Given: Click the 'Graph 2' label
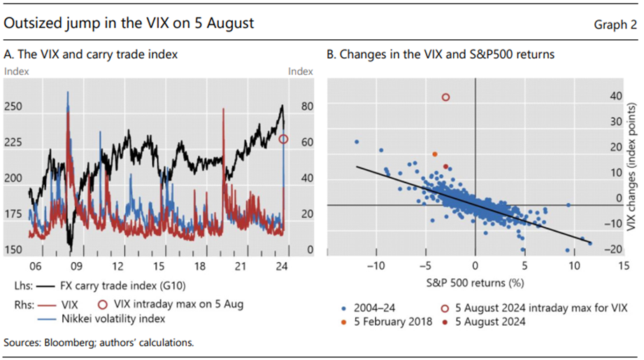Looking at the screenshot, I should coord(615,24).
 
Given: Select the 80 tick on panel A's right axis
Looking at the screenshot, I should coord(306,107).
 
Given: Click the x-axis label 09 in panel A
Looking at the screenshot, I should coord(76,266).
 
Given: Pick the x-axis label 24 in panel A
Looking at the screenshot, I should coord(282,266).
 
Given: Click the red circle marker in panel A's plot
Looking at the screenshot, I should coord(283,139).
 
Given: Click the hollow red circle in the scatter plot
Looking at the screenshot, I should coord(445,98).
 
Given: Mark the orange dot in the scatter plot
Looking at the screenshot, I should coord(435,154).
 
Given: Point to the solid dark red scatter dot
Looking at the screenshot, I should coord(445,166).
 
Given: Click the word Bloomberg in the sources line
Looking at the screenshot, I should coord(64,343).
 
